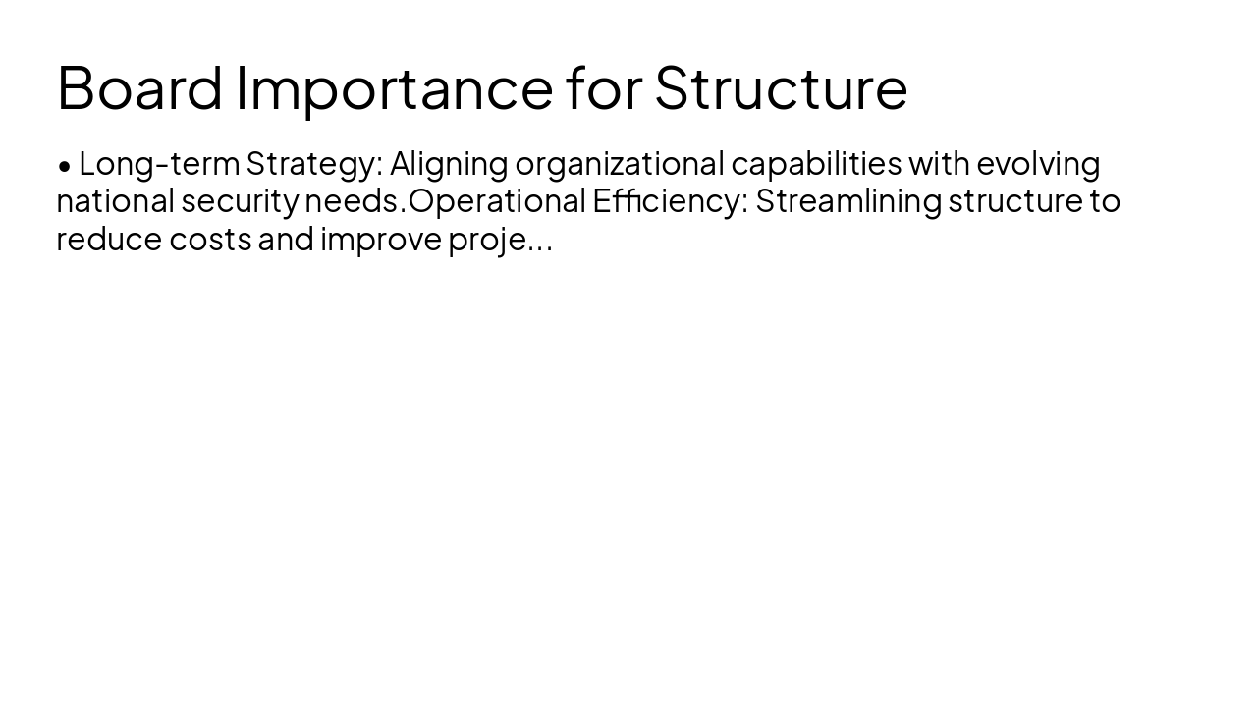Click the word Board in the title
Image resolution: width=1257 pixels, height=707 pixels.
140,87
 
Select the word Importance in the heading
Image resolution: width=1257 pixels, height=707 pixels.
394,87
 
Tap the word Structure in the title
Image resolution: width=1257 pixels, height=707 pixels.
781,87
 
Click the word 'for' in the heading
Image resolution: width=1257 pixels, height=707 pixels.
603,87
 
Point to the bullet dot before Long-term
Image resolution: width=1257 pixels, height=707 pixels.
65,166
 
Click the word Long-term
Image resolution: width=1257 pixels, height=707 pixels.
158,163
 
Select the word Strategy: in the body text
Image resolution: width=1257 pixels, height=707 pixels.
313,163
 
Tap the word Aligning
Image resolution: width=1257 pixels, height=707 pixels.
449,163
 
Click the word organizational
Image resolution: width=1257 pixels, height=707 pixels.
619,163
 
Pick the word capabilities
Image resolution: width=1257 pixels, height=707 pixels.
815,163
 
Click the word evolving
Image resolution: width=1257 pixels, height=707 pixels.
1038,163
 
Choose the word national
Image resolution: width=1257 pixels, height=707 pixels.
115,201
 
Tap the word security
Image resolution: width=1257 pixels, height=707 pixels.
239,201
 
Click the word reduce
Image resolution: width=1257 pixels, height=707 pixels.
109,240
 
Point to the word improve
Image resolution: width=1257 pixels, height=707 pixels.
381,240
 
